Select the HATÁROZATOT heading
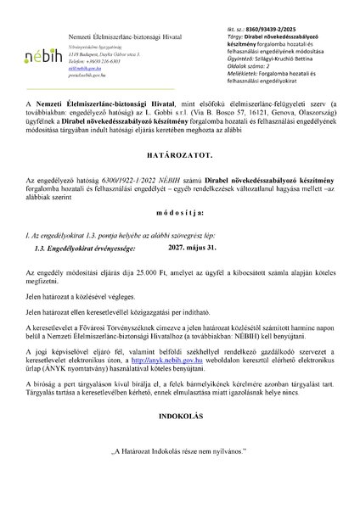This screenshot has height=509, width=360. (179, 156)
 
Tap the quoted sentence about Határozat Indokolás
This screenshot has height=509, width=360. (179, 476)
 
